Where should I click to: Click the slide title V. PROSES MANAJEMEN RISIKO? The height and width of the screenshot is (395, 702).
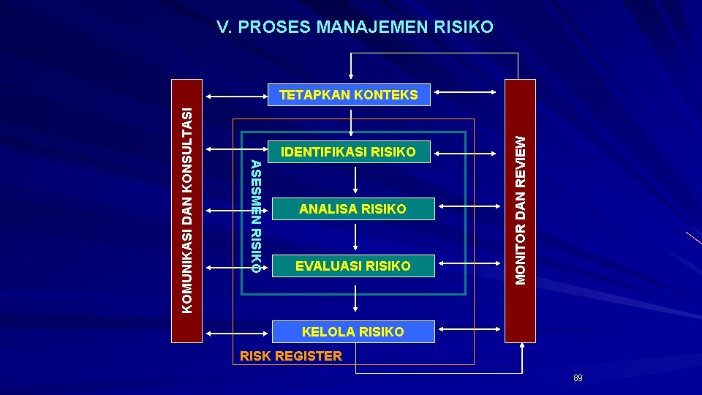click(x=355, y=27)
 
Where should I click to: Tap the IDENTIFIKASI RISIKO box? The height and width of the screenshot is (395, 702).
click(x=353, y=152)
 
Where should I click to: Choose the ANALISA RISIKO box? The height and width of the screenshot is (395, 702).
click(x=353, y=209)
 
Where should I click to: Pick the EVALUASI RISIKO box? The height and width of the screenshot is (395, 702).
click(x=353, y=266)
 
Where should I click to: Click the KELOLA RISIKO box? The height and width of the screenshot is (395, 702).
click(x=353, y=332)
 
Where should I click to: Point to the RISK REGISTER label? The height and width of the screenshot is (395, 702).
click(x=291, y=356)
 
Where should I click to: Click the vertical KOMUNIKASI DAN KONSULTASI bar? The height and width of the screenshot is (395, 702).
click(x=188, y=211)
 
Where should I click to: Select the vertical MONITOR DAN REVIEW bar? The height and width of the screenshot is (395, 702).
click(x=521, y=211)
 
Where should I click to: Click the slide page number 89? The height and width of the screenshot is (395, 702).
click(x=578, y=378)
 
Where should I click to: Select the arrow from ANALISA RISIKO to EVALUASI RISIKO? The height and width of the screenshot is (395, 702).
click(x=355, y=237)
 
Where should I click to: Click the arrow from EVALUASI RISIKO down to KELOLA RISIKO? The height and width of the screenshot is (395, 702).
click(x=355, y=298)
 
